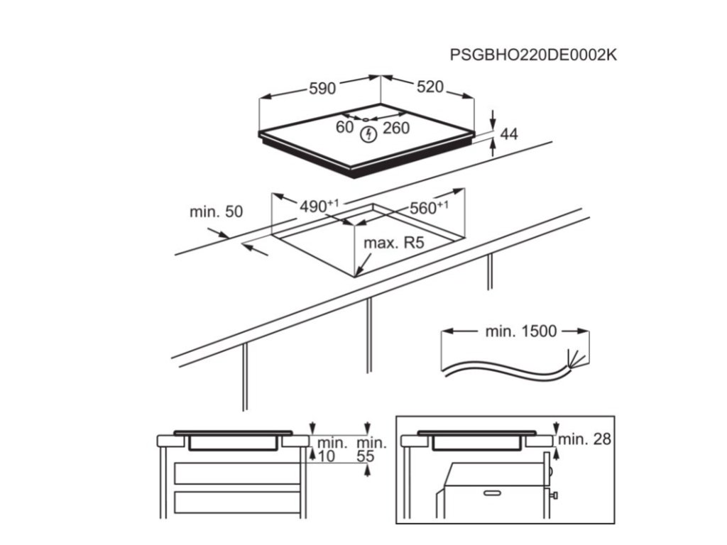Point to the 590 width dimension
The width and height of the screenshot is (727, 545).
tap(322, 89)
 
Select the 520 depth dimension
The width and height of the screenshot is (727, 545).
tap(430, 87)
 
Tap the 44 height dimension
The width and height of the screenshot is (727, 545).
tap(509, 133)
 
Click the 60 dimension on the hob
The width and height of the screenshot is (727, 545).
tap(344, 128)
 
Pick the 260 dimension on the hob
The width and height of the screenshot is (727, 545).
tap(396, 128)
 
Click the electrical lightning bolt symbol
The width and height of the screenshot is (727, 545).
tap(368, 134)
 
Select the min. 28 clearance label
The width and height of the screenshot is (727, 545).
tap(584, 439)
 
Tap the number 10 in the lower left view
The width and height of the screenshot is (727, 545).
tap(326, 457)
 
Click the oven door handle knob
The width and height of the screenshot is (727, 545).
tap(554, 494)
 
